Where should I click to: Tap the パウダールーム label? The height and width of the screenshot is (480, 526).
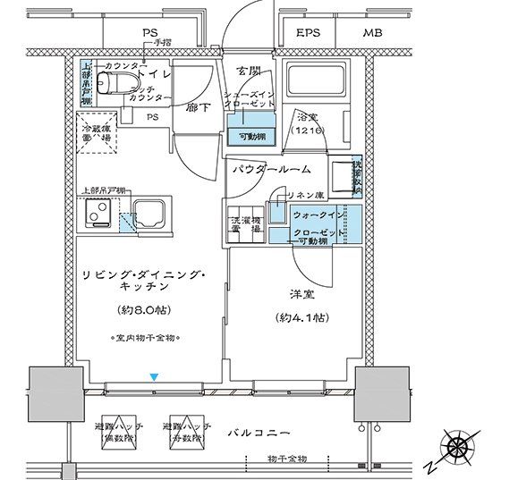click(x=271, y=168)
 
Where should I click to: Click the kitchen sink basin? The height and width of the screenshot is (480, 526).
click(x=143, y=215)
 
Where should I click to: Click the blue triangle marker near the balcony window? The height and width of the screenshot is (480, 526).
click(x=155, y=377)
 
